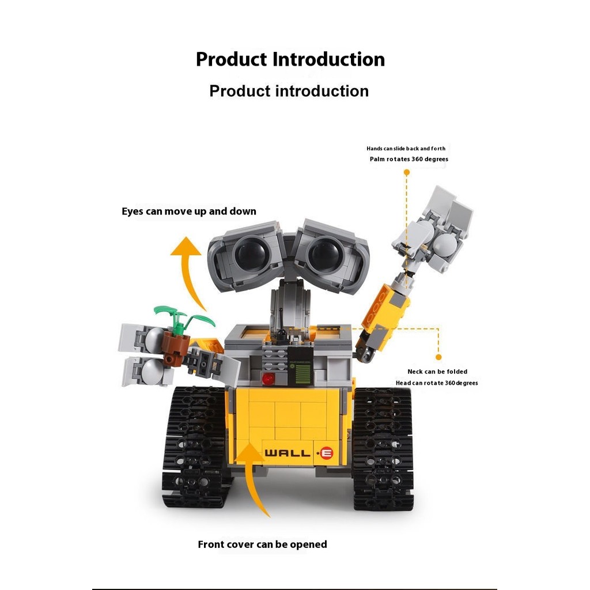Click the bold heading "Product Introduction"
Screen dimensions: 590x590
(290, 59)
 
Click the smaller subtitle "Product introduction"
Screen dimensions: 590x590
(289, 91)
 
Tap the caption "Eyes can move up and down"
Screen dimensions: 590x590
(189, 211)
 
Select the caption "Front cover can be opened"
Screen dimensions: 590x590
(262, 544)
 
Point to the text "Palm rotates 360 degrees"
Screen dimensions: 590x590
(409, 159)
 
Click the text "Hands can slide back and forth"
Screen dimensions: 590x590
(406, 149)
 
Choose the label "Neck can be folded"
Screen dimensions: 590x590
(437, 372)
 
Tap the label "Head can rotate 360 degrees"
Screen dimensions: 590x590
(436, 383)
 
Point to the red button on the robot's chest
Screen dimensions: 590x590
(268, 379)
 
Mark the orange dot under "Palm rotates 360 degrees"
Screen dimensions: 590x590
(407, 172)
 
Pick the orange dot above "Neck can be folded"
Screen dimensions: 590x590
(438, 357)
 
